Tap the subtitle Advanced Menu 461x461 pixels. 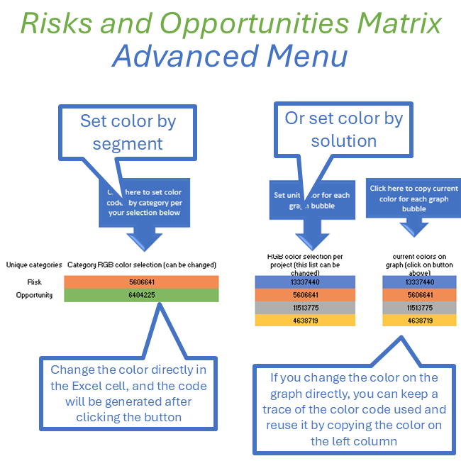[230, 56]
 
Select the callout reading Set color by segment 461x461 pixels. [128, 132]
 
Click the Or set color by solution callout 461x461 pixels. [343, 129]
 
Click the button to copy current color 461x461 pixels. [414, 199]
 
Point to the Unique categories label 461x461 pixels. [34, 265]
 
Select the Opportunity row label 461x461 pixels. [33, 295]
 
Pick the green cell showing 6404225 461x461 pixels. [140, 295]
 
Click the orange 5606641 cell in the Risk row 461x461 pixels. [140, 282]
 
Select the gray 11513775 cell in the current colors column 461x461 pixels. [413, 308]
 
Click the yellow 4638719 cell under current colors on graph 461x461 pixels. [413, 321]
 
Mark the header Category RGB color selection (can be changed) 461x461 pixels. [141, 265]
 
